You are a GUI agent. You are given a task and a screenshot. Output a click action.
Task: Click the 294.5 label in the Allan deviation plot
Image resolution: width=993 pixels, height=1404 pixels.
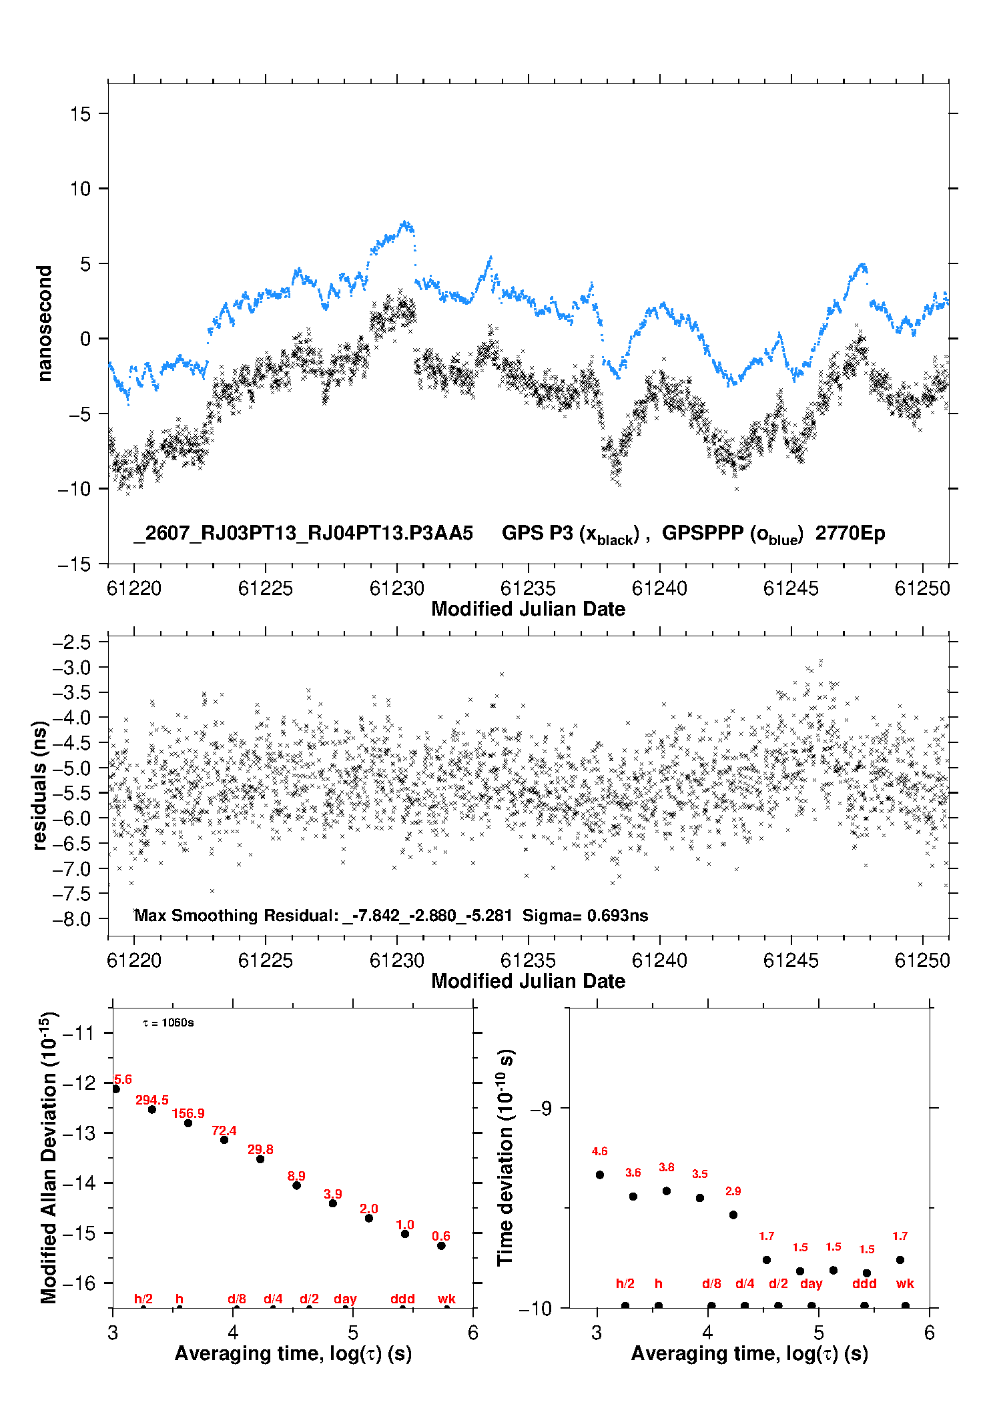coord(152,1100)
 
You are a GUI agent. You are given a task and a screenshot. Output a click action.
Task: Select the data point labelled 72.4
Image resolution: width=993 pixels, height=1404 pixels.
coord(224,1140)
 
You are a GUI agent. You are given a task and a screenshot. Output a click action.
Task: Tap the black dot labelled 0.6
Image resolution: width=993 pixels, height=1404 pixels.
coord(441,1246)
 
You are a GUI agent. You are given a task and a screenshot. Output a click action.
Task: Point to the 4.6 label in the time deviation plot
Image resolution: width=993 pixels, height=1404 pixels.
coord(599,1151)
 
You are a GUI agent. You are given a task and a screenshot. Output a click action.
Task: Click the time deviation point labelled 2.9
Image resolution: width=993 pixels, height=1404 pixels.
coord(733,1215)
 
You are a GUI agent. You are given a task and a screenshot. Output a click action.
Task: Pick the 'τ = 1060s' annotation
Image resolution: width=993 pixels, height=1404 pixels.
coord(168,1023)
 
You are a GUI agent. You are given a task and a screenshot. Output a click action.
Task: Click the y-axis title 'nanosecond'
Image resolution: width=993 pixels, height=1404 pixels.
coord(45,323)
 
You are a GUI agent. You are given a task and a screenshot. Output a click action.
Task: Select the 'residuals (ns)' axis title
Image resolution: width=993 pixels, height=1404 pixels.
coord(40,785)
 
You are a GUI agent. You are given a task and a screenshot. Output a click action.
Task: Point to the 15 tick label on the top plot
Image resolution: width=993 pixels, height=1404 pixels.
coord(80,114)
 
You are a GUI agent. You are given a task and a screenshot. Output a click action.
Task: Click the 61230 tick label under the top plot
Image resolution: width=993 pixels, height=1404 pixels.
coord(397,588)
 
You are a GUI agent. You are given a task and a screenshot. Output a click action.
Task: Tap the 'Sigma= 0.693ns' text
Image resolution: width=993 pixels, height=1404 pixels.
coord(585,915)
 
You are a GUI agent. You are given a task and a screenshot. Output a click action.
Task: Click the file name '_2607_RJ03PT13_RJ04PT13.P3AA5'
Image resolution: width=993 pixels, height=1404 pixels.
coord(304,533)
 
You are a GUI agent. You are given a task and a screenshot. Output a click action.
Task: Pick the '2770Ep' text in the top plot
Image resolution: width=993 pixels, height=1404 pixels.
coord(850,534)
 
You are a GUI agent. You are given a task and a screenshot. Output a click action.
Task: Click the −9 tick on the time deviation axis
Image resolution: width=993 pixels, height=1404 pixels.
coord(541,1108)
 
